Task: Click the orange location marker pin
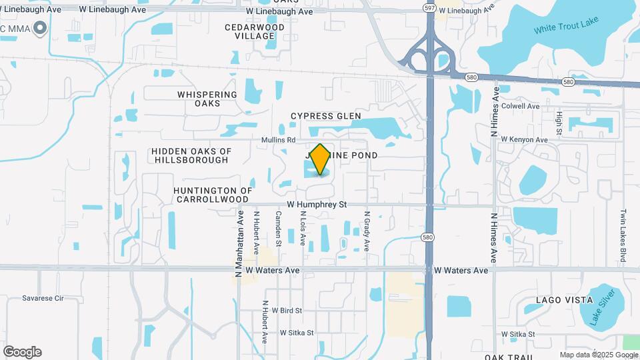(321, 159)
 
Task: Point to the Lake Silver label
(602, 306)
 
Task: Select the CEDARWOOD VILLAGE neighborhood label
(255, 31)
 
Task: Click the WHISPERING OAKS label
(207, 99)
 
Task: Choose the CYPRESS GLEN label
(326, 116)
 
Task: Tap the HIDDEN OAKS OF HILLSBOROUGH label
(191, 155)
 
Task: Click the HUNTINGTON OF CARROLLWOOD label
(213, 195)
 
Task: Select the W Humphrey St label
(317, 205)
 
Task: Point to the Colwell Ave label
(524, 106)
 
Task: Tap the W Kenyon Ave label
(524, 139)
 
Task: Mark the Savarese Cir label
(42, 298)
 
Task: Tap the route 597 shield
(430, 7)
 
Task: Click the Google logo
(22, 352)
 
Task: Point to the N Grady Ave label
(366, 231)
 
